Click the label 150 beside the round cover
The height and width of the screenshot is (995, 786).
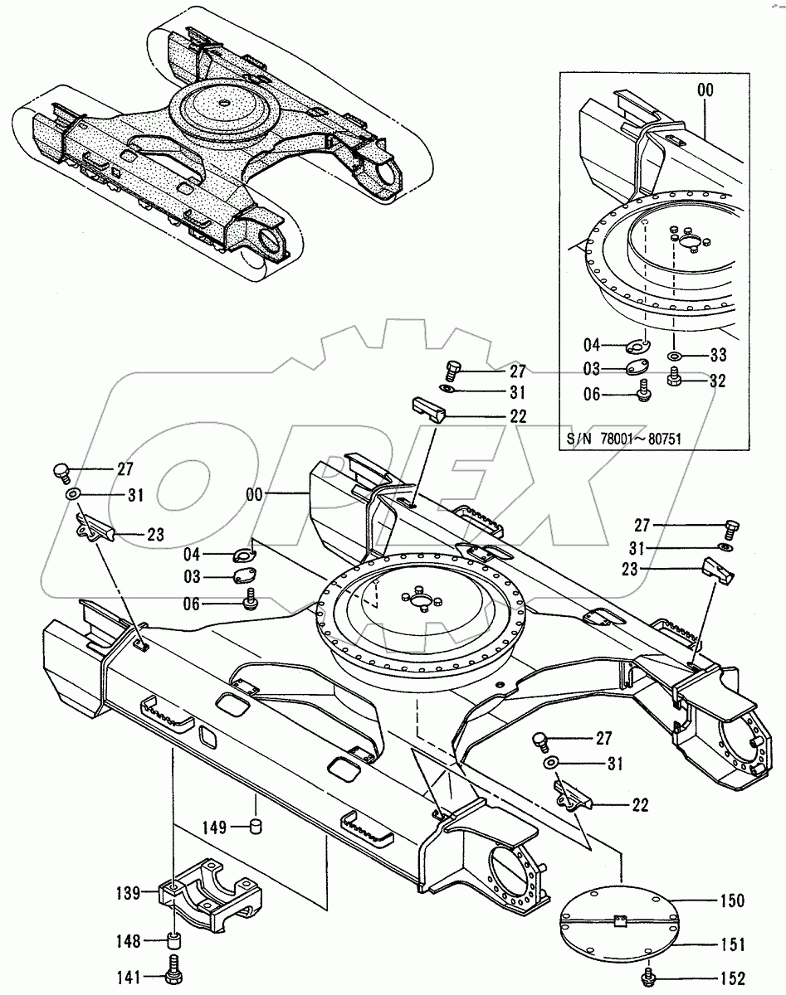[x=731, y=901]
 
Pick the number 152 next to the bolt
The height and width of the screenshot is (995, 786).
[x=731, y=978]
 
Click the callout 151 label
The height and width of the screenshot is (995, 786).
[x=731, y=944]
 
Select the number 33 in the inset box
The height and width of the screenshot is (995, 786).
[x=718, y=356]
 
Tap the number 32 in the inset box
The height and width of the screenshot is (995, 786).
[x=718, y=381]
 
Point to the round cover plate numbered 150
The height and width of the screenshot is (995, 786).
[x=620, y=920]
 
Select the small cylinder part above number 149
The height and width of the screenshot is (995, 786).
[x=256, y=825]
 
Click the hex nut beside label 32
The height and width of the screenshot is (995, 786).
[x=674, y=379]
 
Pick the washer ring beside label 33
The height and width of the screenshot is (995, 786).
[x=674, y=356]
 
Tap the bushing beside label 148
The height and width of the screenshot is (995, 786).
[x=173, y=942]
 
